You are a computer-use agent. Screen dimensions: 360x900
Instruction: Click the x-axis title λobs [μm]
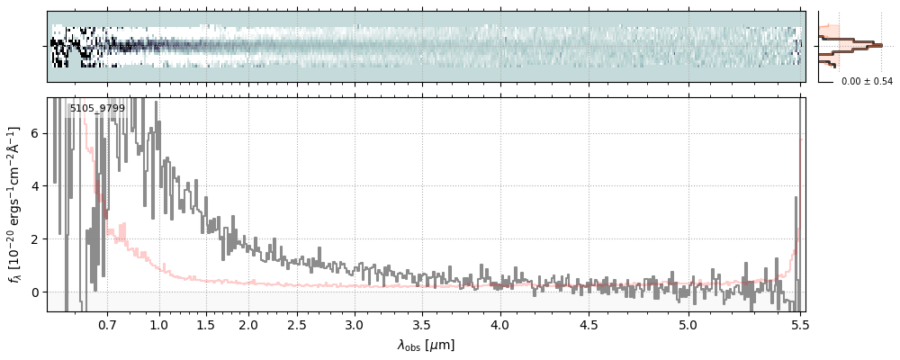coord(426,345)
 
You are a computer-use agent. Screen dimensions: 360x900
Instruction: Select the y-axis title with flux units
coord(14,203)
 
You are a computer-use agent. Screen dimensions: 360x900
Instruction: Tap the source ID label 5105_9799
coord(97,109)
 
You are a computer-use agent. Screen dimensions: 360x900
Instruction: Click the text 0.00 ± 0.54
coord(867,82)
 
